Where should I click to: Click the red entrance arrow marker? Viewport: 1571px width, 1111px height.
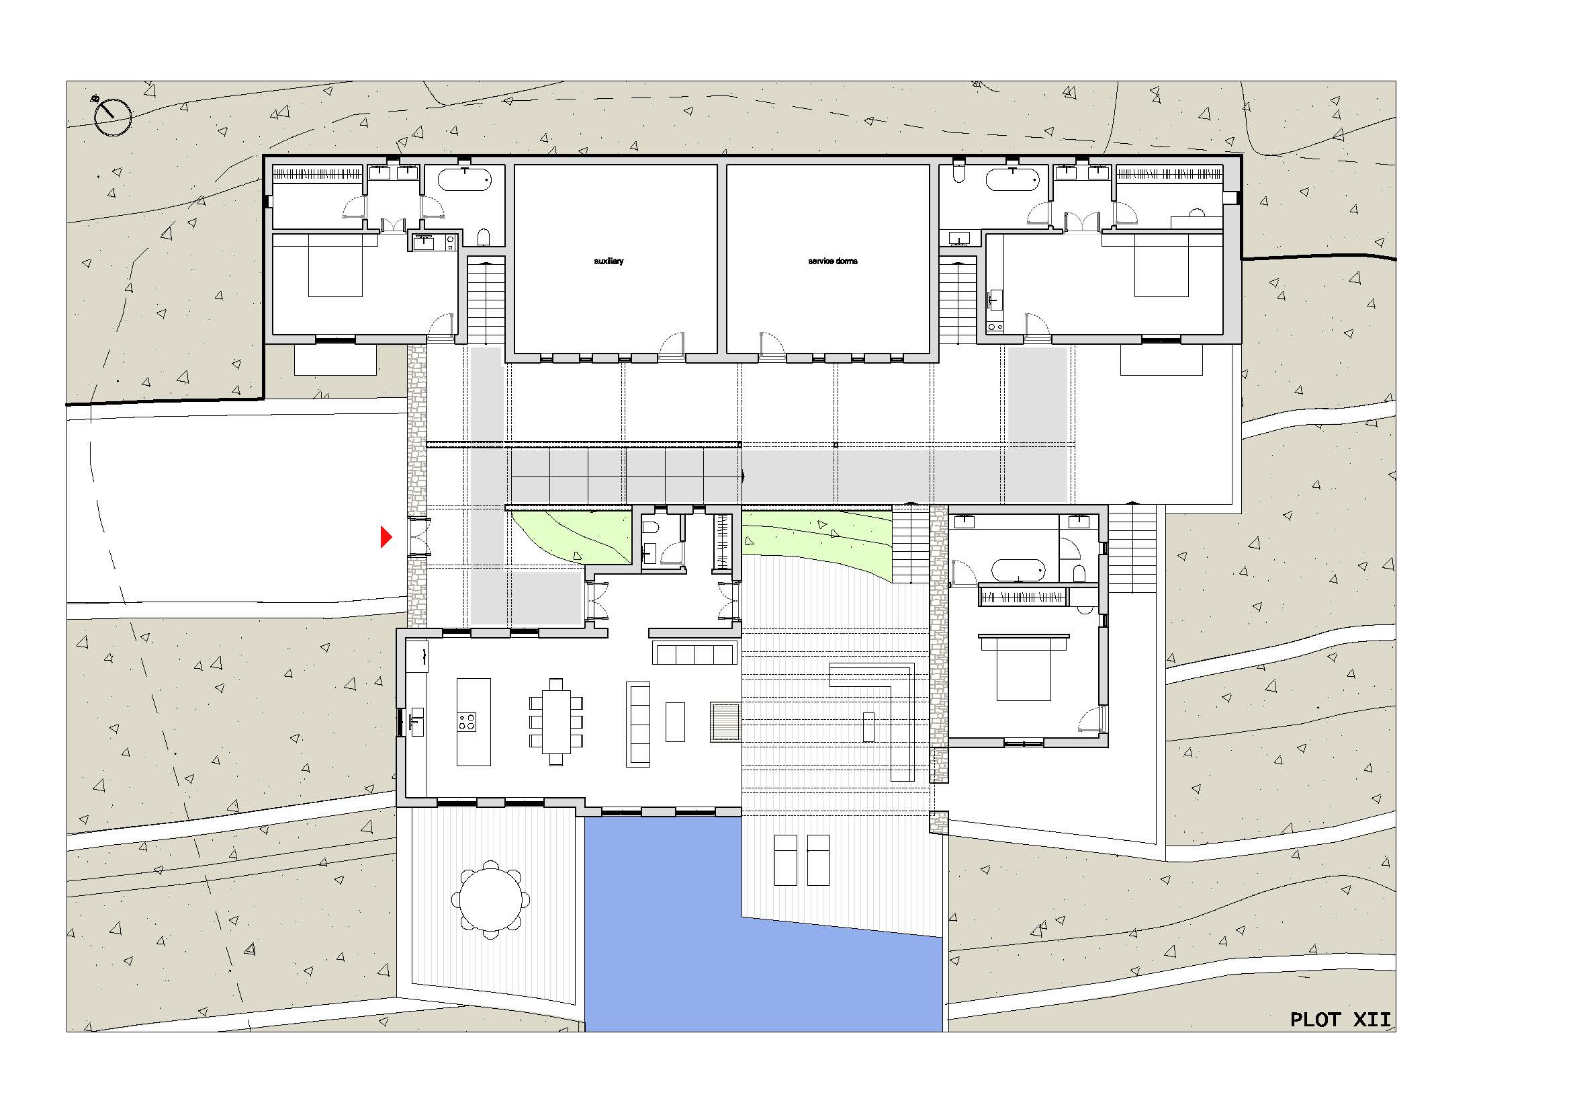pyautogui.click(x=386, y=538)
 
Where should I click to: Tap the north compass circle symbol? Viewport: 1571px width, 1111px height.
pyautogui.click(x=112, y=117)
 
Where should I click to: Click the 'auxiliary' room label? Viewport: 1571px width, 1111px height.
pyautogui.click(x=609, y=261)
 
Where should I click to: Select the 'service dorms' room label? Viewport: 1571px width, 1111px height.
pyautogui.click(x=833, y=261)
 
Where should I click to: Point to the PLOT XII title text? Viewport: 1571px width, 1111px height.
pyautogui.click(x=1341, y=1020)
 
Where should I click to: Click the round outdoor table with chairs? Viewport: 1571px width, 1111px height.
pyautogui.click(x=490, y=900)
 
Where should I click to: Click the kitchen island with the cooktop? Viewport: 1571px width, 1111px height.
pyautogui.click(x=474, y=721)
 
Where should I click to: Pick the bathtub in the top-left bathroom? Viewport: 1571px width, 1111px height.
pyautogui.click(x=465, y=179)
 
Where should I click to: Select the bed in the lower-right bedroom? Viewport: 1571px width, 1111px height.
pyautogui.click(x=1024, y=668)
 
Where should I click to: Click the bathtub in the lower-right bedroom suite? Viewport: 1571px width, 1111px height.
pyautogui.click(x=1019, y=570)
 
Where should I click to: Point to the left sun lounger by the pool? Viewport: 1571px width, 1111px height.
pyautogui.click(x=786, y=860)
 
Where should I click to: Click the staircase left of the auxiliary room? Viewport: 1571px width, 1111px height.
pyautogui.click(x=486, y=301)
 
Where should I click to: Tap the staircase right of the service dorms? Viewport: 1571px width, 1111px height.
pyautogui.click(x=958, y=301)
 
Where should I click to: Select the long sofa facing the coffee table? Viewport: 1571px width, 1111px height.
pyautogui.click(x=638, y=725)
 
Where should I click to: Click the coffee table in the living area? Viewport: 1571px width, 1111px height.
pyautogui.click(x=675, y=721)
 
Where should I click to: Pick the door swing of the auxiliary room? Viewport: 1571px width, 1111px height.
pyautogui.click(x=671, y=343)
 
